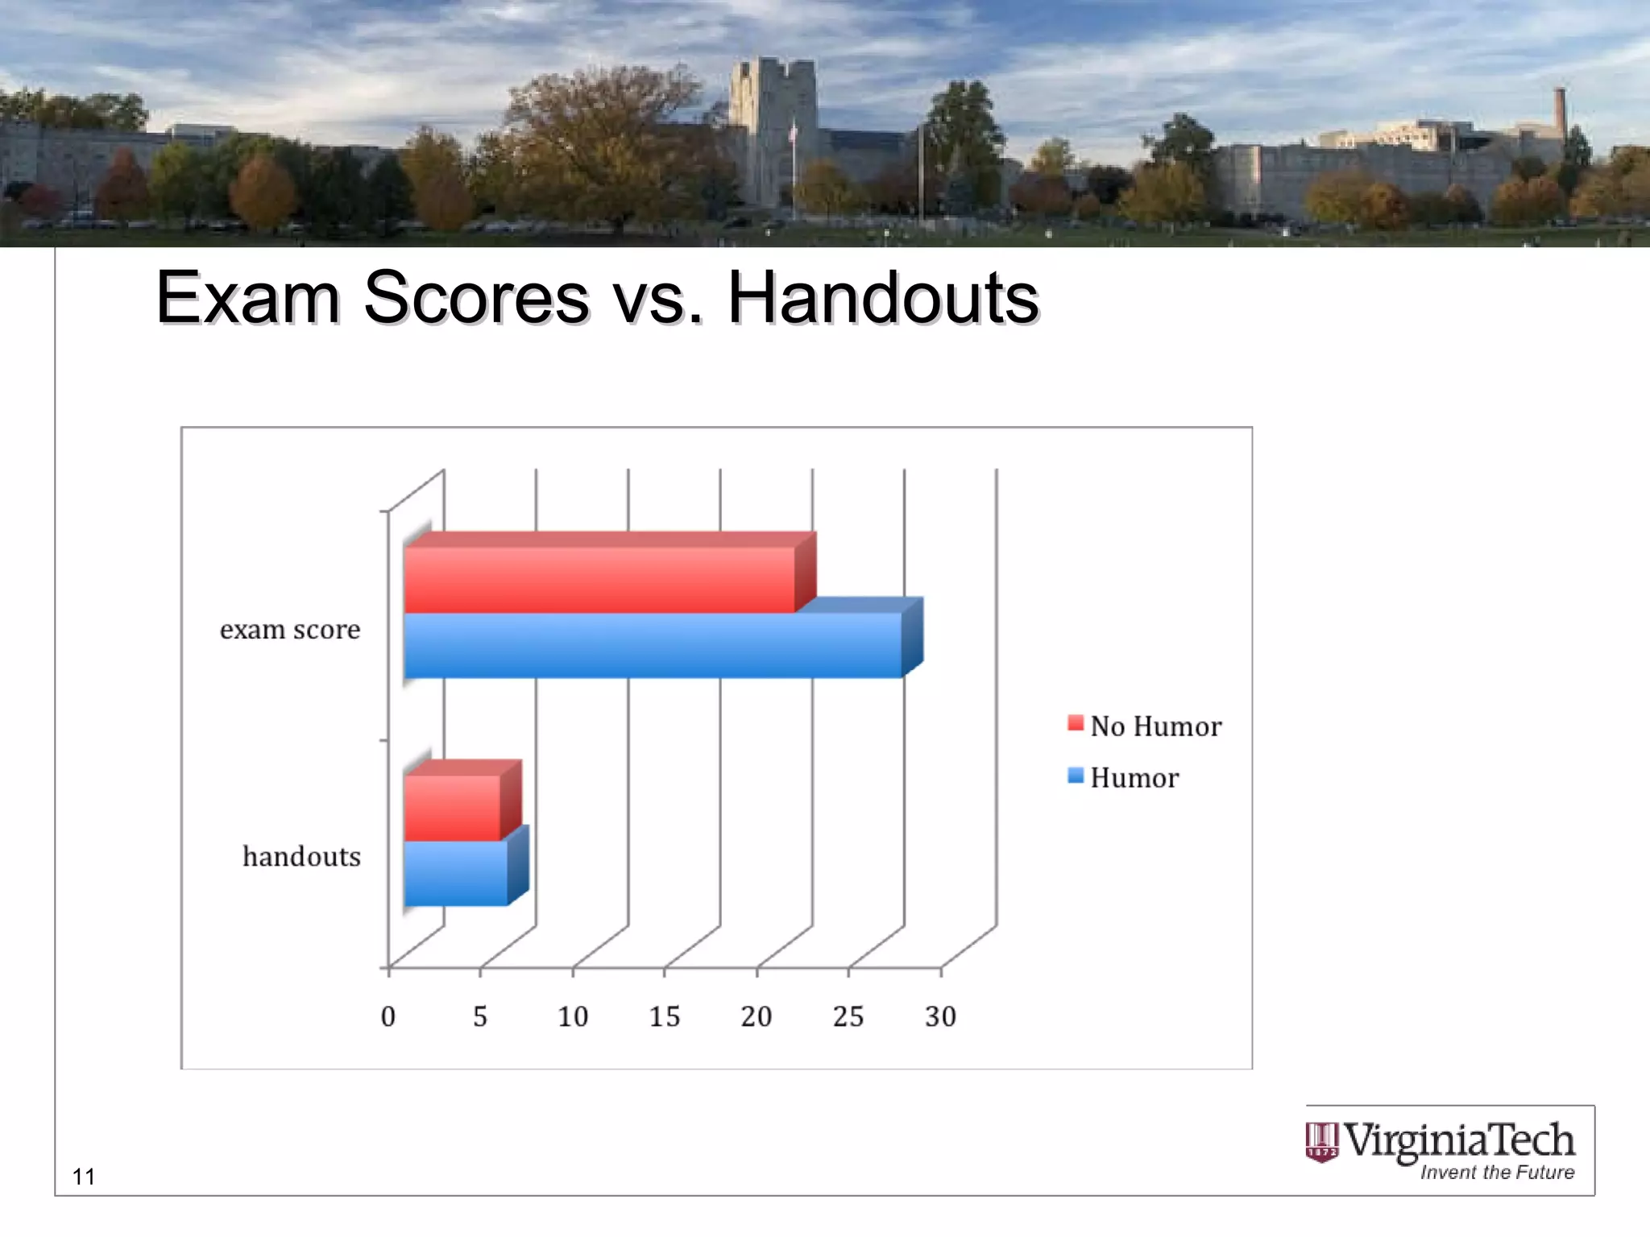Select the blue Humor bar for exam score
point(653,645)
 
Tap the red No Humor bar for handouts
point(452,808)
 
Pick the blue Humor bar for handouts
point(456,873)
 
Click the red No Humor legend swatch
point(1075,722)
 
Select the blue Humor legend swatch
point(1075,776)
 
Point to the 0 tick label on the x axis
point(388,1016)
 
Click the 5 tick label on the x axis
point(480,1016)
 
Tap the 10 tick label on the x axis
point(573,1016)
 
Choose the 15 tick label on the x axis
point(665,1016)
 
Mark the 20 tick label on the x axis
point(757,1016)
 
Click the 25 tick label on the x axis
point(848,1016)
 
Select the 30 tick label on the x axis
point(940,1016)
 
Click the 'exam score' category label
point(290,629)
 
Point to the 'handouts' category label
point(301,856)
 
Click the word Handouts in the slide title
point(883,298)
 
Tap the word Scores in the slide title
point(476,298)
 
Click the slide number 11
point(84,1177)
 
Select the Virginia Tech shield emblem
point(1321,1142)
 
